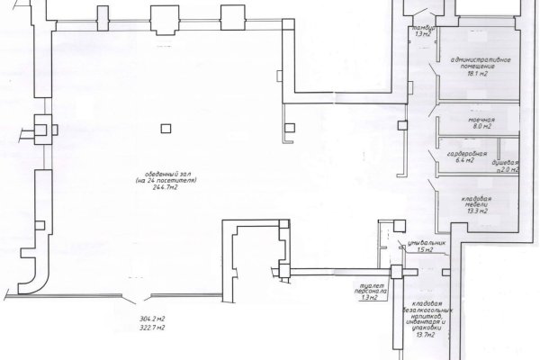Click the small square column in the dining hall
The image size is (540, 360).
[x=164, y=128]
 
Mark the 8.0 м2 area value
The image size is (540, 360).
[x=478, y=129]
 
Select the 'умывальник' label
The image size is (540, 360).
[x=423, y=243]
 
